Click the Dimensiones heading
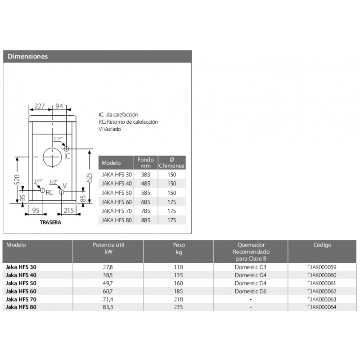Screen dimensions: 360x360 (x=28, y=57)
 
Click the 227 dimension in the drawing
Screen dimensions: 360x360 (x=40, y=106)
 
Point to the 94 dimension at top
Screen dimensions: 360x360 (x=59, y=106)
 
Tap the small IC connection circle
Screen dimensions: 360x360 (x=66, y=148)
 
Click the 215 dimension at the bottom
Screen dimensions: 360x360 (x=69, y=210)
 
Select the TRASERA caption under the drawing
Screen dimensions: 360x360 (x=50, y=222)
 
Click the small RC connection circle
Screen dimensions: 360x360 (x=42, y=191)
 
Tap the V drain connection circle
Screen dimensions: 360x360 (x=62, y=192)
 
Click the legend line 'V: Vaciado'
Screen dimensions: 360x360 (x=110, y=129)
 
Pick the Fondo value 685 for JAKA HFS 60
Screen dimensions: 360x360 (x=145, y=202)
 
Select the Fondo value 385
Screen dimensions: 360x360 (x=145, y=174)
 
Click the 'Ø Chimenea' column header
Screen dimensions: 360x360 (x=171, y=162)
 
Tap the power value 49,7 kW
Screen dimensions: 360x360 (x=108, y=283)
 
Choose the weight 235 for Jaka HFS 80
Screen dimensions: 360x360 (x=179, y=307)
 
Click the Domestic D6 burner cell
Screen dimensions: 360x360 (x=251, y=292)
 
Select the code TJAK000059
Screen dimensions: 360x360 (x=322, y=267)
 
